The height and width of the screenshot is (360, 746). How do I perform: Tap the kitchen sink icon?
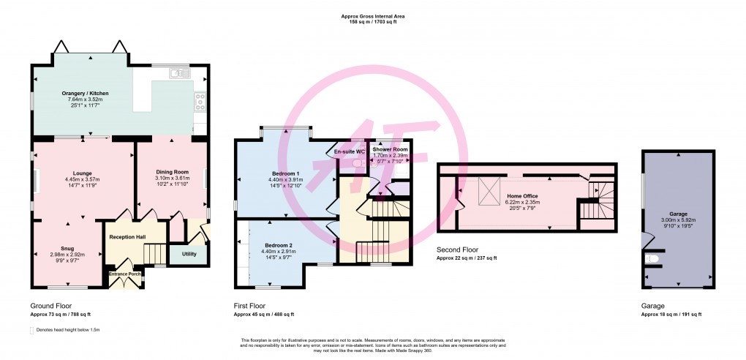(x=177, y=72)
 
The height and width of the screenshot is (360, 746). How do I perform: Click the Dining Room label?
(x=173, y=171)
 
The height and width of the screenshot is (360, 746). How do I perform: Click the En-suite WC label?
(x=350, y=151)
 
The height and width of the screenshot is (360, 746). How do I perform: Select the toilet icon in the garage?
(x=652, y=259)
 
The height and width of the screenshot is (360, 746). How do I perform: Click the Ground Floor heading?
(x=50, y=305)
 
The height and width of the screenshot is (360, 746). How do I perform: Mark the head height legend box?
(x=32, y=330)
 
